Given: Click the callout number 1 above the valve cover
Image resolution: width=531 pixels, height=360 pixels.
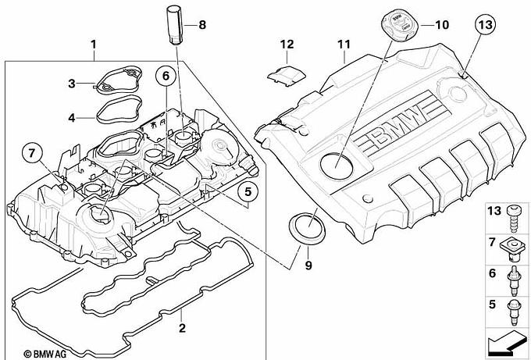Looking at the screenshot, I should click(94, 45).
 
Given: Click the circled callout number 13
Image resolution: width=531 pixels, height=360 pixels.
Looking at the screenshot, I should click(484, 25).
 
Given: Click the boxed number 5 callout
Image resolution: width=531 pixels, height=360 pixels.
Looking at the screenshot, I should click(244, 190).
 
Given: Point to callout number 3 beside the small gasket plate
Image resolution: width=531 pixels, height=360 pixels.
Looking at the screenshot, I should click(71, 84).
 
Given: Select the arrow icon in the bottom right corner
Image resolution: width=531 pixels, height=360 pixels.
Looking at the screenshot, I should click(508, 340).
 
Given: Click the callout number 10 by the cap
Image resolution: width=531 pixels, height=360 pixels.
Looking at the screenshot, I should click(442, 25).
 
